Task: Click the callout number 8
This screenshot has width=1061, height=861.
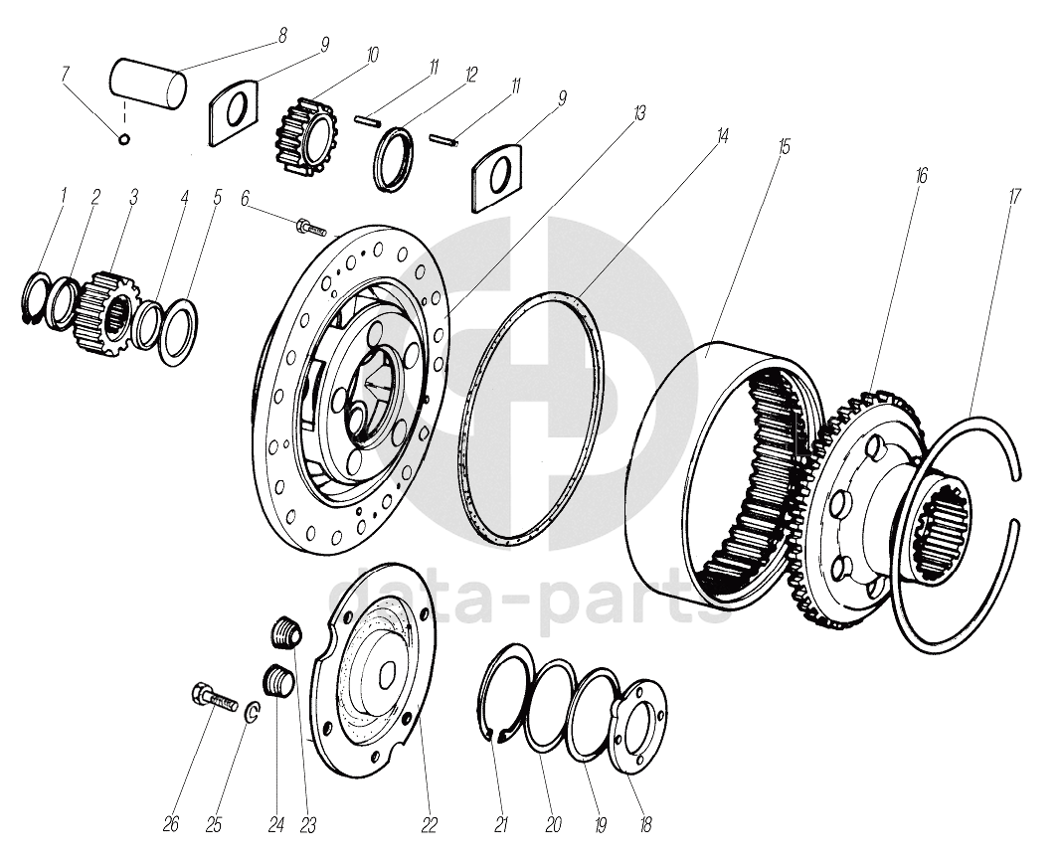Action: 283,35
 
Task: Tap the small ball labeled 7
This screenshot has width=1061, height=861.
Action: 124,138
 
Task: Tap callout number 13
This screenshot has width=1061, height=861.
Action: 639,113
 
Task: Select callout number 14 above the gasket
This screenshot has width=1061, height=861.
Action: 723,136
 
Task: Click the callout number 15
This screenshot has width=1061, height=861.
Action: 784,147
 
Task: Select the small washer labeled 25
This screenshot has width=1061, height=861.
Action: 253,712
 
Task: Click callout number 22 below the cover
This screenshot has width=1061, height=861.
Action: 429,824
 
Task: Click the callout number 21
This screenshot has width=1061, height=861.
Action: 501,824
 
